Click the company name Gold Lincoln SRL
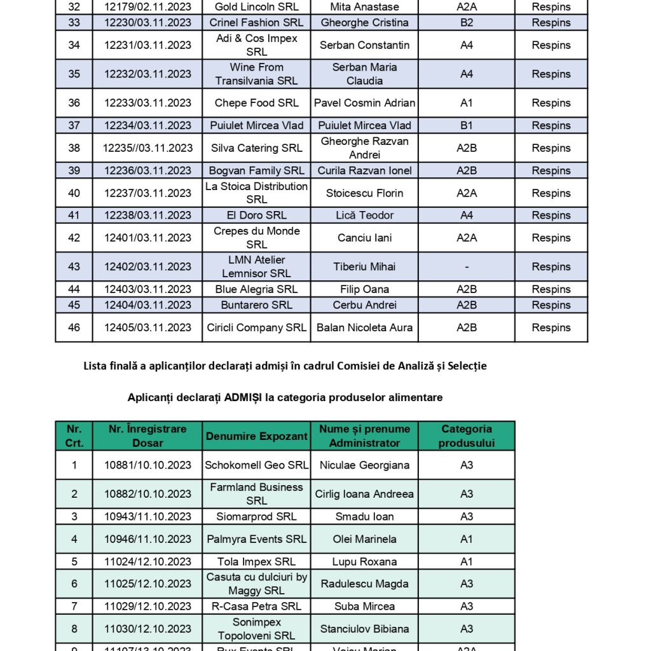[x=256, y=7]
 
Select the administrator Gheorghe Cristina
[x=364, y=22]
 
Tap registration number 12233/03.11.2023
[x=147, y=103]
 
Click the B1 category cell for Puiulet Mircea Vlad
[x=466, y=125]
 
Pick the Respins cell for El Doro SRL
[x=551, y=215]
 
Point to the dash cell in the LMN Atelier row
[x=466, y=266]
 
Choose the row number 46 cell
[x=74, y=327]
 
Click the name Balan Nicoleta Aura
[x=364, y=327]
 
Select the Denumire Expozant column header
[x=256, y=436]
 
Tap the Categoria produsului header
[x=466, y=436]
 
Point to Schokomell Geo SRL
[x=256, y=465]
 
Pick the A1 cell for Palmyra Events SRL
[x=466, y=539]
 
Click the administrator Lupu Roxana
[x=364, y=561]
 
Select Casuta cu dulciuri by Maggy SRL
[x=256, y=584]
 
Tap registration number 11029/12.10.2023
[x=147, y=606]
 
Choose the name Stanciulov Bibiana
[x=364, y=629]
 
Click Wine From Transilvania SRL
[x=256, y=74]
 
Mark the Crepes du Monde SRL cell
[x=256, y=238]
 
